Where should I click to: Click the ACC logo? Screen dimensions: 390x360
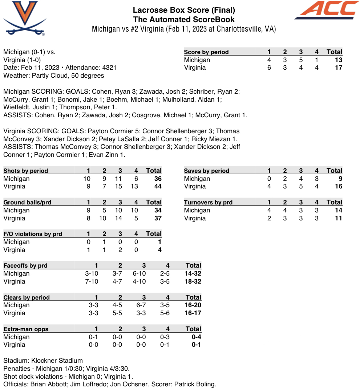tap(327, 10)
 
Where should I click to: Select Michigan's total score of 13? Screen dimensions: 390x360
tap(338, 60)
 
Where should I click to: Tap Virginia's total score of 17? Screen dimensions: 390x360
tap(338, 68)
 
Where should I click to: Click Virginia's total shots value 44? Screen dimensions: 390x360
tap(157, 186)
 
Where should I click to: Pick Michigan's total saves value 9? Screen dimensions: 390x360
tap(340, 179)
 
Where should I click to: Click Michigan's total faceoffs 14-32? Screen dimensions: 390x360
tap(192, 273)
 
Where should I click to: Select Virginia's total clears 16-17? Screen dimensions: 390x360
tap(192, 313)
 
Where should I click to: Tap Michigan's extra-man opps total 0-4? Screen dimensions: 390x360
tap(196, 337)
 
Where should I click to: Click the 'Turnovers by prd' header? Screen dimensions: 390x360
tap(208, 202)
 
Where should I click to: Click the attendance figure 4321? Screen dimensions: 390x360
tap(109, 68)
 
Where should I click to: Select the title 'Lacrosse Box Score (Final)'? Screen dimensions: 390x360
tap(184, 10)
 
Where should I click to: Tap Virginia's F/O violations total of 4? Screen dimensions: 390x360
tap(159, 250)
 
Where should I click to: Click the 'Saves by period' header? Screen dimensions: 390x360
tap(206, 171)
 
